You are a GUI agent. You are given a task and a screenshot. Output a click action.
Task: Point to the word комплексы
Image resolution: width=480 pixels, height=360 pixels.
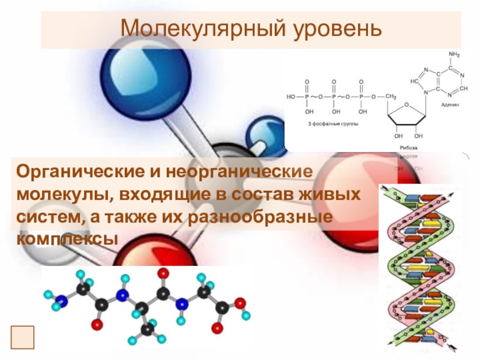[67, 238]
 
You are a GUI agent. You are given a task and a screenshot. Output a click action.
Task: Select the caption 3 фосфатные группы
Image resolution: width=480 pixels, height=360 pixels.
[333, 123]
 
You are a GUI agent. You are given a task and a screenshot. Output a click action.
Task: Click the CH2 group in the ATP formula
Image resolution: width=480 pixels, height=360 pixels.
[391, 96]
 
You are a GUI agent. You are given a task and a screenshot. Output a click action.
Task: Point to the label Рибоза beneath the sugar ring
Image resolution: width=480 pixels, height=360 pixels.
[408, 147]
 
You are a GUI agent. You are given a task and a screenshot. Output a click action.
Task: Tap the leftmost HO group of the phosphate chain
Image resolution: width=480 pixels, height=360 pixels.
[291, 96]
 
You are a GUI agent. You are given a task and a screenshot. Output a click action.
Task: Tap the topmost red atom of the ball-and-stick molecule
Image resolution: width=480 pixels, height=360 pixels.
[163, 274]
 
